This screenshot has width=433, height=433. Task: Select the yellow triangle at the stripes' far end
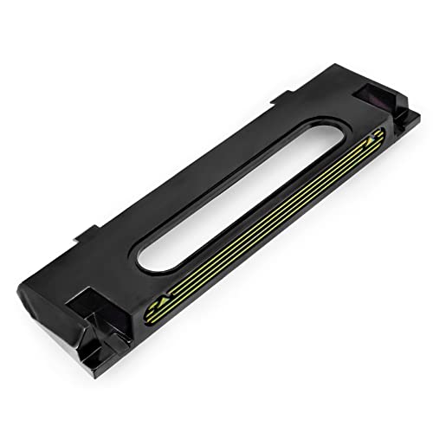[374, 137]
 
